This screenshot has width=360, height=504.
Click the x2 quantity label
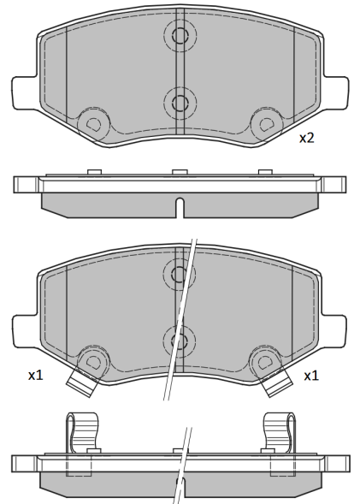(306, 139)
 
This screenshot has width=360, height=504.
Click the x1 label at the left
(35, 375)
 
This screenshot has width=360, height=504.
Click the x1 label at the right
(311, 376)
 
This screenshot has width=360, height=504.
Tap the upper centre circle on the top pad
(180, 35)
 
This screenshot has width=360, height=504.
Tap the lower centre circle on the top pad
(180, 103)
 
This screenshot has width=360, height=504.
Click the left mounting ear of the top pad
(25, 92)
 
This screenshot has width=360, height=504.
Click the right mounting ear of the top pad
(335, 92)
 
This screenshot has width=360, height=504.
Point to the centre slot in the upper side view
(180, 208)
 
